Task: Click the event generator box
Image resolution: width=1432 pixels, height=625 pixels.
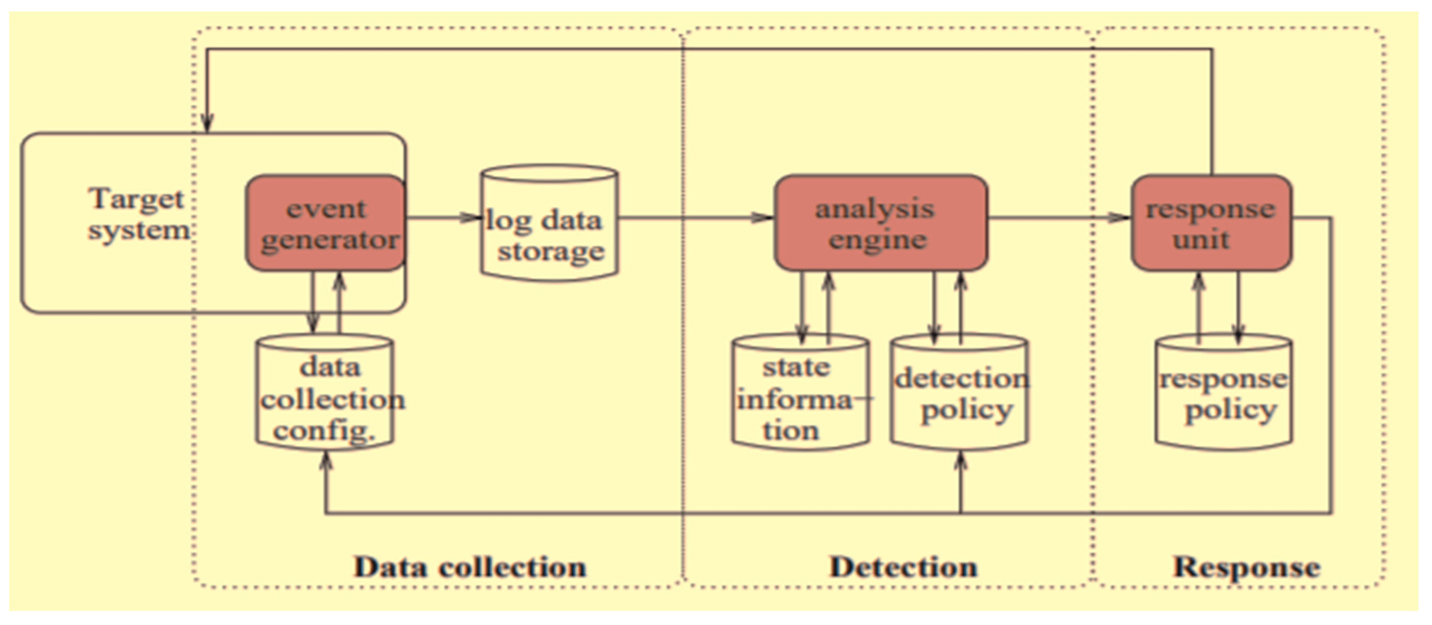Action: click(325, 223)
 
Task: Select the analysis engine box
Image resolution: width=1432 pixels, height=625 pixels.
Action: click(881, 223)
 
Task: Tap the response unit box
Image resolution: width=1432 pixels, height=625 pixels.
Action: click(1211, 223)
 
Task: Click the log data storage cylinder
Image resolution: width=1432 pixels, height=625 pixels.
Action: click(549, 223)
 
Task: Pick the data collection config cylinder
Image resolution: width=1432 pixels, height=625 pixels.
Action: click(325, 392)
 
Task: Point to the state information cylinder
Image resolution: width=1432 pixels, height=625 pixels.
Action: click(800, 392)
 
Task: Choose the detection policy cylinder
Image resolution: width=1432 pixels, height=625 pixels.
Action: click(960, 392)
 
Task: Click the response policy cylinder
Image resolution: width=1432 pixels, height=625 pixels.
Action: click(1223, 392)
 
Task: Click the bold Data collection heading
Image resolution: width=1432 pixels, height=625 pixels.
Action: click(470, 567)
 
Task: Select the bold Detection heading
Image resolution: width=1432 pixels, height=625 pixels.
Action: click(903, 567)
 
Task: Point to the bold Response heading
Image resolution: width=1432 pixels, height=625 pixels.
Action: click(1246, 567)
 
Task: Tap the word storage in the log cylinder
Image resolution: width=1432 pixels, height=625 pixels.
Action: click(551, 252)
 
